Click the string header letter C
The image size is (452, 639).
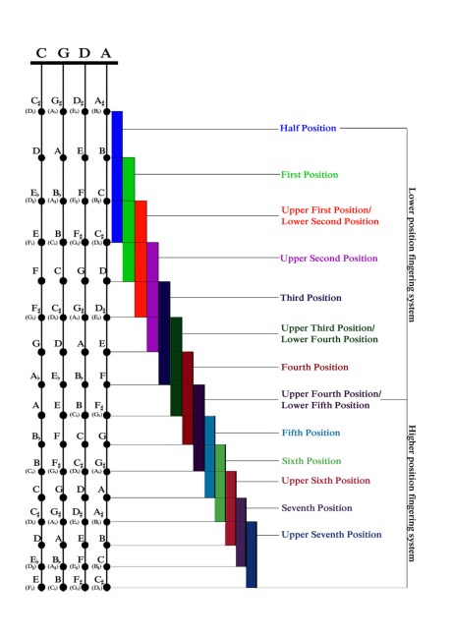41,53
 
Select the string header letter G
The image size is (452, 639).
63,53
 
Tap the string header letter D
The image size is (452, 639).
85,53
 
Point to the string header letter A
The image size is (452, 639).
106,53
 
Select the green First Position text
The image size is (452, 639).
310,174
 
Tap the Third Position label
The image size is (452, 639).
310,296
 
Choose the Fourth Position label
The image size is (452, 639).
315,367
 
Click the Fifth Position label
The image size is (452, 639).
311,432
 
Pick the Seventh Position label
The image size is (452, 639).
316,507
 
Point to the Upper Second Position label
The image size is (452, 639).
329,259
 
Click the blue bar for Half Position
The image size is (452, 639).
117,177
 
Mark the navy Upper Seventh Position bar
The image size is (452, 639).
252,554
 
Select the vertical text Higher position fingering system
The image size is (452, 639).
412,492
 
